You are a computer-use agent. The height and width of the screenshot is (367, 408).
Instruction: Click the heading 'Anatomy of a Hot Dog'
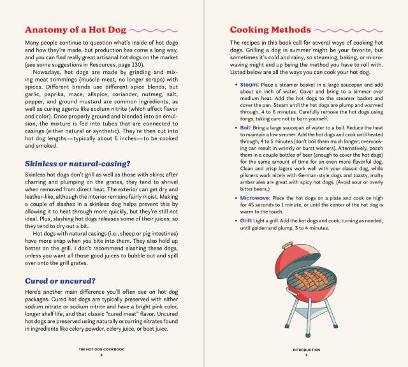coord(74,29)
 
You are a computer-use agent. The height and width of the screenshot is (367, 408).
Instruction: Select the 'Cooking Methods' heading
coord(270,29)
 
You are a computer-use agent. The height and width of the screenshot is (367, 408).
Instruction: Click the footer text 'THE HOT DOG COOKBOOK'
coord(101,349)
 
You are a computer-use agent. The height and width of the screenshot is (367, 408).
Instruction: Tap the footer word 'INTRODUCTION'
coord(305,349)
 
